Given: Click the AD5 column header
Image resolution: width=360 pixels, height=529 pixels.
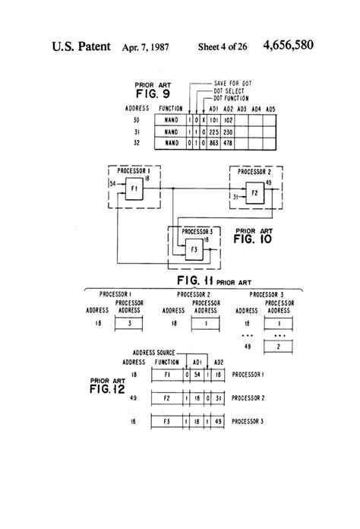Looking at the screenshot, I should coord(271,109).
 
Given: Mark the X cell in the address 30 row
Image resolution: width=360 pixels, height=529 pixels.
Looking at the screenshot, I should coord(200,119).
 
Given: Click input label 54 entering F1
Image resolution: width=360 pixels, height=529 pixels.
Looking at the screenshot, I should coord(111,183).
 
